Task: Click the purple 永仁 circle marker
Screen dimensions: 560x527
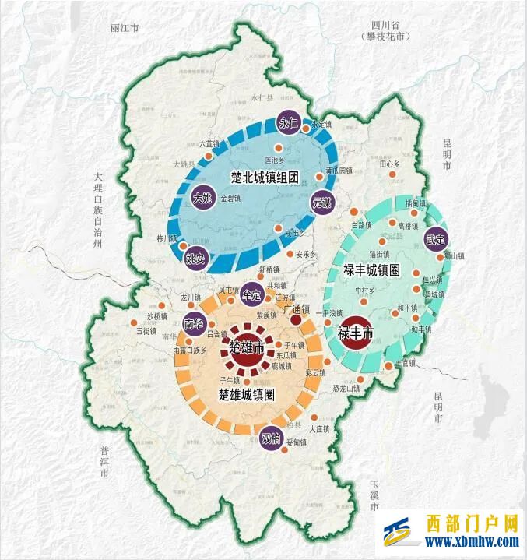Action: pyautogui.click(x=288, y=123)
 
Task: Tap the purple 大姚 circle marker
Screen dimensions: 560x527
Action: pyautogui.click(x=203, y=199)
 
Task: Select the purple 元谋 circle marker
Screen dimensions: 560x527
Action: pyautogui.click(x=321, y=202)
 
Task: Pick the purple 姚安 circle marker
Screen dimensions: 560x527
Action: pyautogui.click(x=195, y=259)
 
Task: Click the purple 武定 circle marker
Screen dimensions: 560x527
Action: pyautogui.click(x=434, y=238)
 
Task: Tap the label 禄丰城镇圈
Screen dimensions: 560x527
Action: pyautogui.click(x=371, y=269)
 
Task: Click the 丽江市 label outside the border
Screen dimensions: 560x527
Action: pyautogui.click(x=125, y=28)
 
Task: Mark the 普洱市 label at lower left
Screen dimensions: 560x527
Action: pyautogui.click(x=104, y=461)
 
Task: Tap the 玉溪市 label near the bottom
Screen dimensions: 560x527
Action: pyautogui.click(x=374, y=495)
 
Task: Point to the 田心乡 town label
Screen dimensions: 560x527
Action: pyautogui.click(x=389, y=164)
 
